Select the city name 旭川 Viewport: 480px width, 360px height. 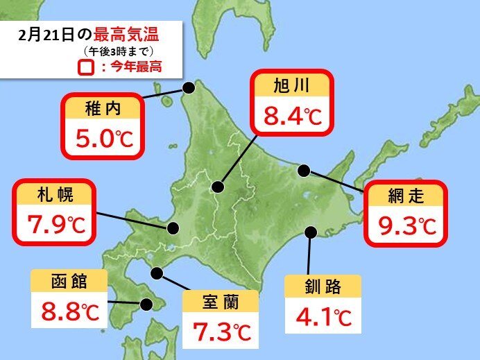point(291,87)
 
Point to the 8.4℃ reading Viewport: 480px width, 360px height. point(291,115)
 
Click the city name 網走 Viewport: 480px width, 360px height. point(406,196)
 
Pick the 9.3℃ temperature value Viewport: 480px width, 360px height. point(406,225)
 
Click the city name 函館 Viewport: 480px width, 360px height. point(69,282)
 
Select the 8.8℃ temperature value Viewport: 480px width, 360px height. point(69,311)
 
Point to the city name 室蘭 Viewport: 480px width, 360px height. point(220,302)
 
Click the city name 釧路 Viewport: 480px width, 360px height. point(323,286)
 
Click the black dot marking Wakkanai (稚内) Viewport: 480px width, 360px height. point(188,87)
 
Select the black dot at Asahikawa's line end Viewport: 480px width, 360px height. point(218,187)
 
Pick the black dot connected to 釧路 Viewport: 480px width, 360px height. point(311,232)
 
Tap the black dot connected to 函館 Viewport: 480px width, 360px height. point(146,304)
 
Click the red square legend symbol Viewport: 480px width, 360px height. point(86,68)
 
